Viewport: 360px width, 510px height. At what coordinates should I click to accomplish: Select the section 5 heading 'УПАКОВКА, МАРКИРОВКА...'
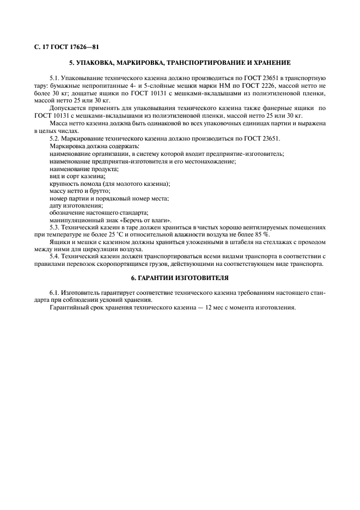(x=180, y=63)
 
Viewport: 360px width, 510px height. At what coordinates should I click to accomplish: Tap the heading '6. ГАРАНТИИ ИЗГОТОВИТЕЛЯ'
(x=180, y=277)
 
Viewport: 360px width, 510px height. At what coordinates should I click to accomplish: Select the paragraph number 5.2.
(x=55, y=139)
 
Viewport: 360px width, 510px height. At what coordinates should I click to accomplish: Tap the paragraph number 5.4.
(x=55, y=256)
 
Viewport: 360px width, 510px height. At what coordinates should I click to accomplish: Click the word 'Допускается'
(x=66, y=108)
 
